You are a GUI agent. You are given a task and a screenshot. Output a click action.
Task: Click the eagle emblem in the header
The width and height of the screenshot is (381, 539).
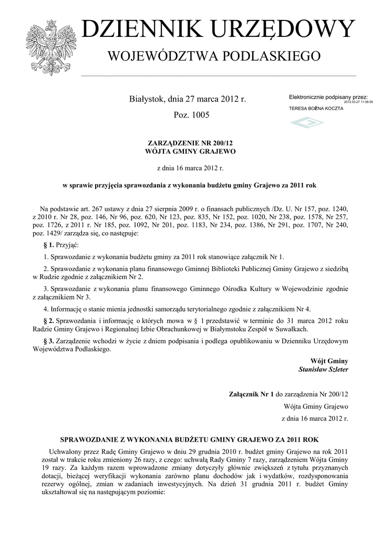click(x=52, y=42)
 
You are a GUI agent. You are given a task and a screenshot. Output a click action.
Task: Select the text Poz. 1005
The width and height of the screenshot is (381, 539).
click(x=191, y=115)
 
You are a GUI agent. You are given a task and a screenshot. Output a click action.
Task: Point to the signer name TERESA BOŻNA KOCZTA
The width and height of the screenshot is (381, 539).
click(x=316, y=108)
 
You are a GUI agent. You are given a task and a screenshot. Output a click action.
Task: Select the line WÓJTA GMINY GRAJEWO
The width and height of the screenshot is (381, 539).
click(x=190, y=152)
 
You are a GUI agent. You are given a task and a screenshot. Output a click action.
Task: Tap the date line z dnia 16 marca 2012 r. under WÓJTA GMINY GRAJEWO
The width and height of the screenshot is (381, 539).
click(x=190, y=168)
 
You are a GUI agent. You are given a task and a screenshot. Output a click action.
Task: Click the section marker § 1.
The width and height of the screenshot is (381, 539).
click(x=48, y=246)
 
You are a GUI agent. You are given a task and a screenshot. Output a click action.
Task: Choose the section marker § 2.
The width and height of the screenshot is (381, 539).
click(x=48, y=321)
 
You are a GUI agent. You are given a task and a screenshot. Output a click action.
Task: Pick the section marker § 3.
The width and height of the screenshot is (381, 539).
click(x=48, y=342)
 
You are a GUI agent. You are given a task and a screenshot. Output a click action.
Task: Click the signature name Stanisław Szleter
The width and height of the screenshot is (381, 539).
click(x=323, y=370)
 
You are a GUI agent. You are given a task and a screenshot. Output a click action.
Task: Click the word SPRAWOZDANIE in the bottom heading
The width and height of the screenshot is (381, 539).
click(x=90, y=439)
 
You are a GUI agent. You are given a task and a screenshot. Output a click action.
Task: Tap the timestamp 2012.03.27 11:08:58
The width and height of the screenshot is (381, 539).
click(x=358, y=102)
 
